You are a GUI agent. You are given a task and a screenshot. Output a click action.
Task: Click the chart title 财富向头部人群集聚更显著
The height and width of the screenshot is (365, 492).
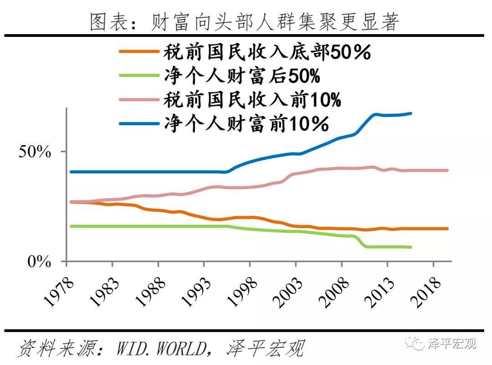pos(245,21)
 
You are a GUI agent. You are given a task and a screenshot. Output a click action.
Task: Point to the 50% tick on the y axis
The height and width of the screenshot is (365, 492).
pos(35,152)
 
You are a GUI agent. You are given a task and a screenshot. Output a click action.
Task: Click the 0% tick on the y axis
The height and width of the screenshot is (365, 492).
pos(39,262)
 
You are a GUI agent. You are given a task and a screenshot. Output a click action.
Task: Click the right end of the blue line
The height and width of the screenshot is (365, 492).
pos(411,113)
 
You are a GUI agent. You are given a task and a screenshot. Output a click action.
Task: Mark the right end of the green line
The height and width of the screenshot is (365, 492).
pos(411,247)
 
